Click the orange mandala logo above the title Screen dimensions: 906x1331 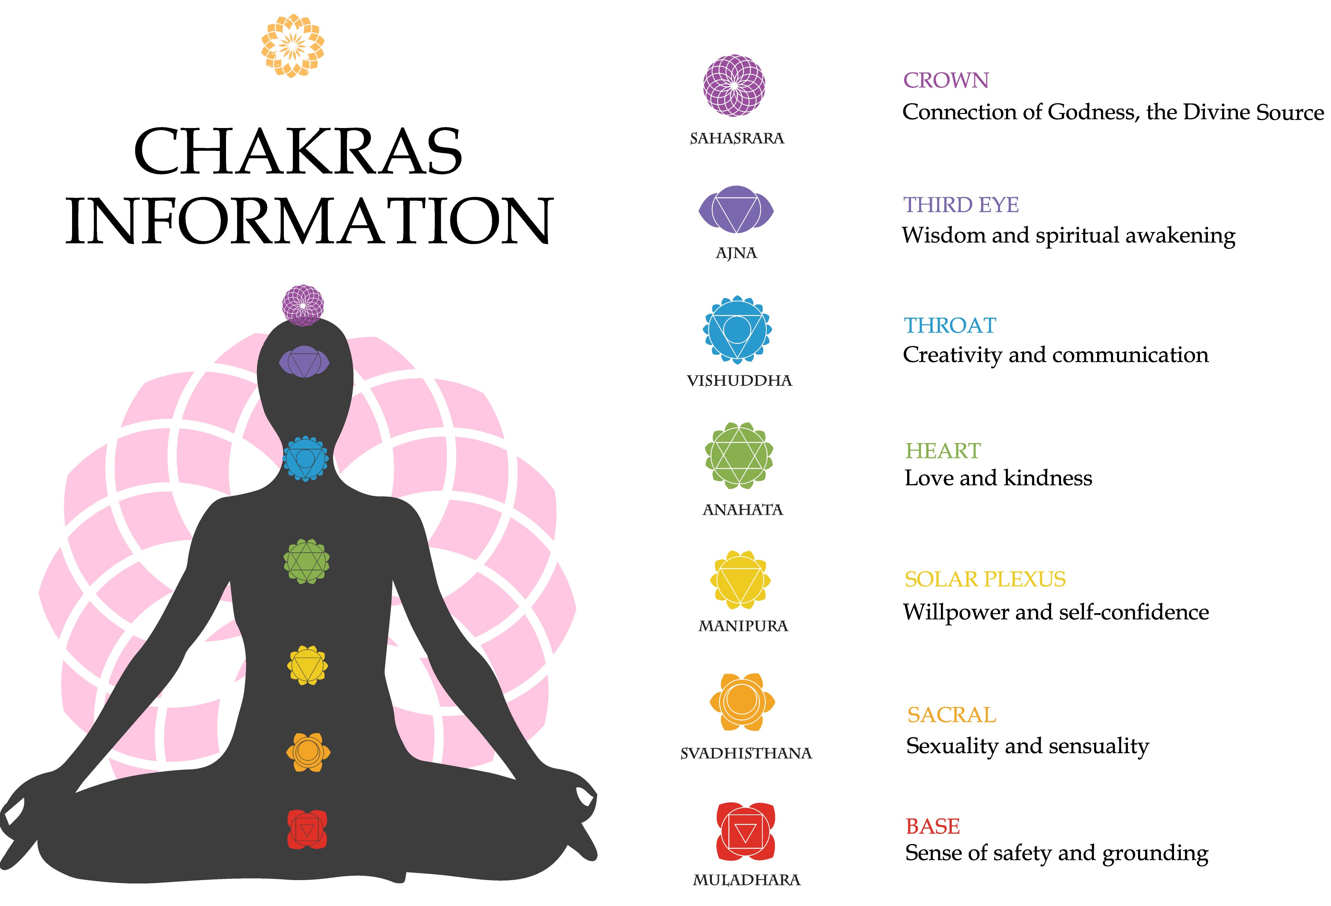(292, 46)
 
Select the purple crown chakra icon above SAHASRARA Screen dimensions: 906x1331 (734, 86)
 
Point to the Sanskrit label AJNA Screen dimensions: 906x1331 (737, 253)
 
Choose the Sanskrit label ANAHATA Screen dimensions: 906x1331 (742, 510)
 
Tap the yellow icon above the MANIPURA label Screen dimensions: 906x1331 (740, 580)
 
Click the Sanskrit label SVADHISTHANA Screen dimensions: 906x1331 (746, 753)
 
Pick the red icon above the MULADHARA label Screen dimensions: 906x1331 (745, 832)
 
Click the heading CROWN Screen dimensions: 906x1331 (946, 81)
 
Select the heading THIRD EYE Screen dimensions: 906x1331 (961, 205)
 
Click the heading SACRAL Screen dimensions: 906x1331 (951, 715)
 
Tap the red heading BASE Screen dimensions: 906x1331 (932, 826)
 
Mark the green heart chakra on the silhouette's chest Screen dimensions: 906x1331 (306, 561)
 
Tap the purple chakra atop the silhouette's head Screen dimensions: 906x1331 (303, 305)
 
